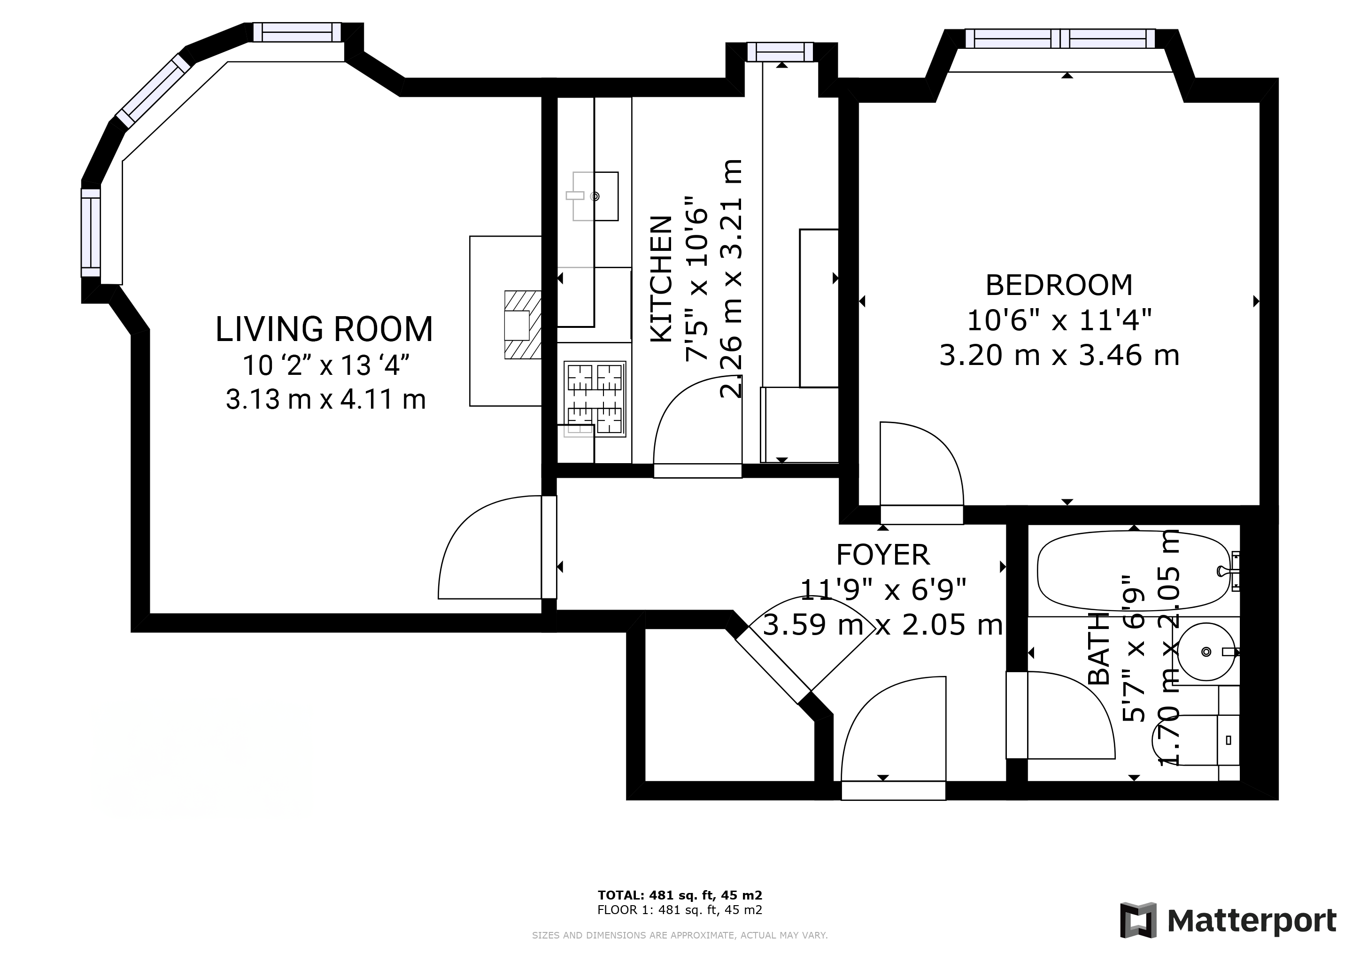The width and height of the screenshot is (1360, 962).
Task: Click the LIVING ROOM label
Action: (324, 329)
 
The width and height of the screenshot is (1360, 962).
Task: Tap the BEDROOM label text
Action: (1059, 285)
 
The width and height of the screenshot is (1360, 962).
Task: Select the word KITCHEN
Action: (662, 279)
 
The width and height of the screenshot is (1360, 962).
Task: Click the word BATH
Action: (1099, 649)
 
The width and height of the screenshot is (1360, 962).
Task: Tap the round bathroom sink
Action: (1206, 652)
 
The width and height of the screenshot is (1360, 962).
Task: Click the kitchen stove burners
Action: (595, 399)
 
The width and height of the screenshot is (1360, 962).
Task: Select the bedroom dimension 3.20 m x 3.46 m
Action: (1059, 356)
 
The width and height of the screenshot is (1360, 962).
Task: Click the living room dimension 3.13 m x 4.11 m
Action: (326, 399)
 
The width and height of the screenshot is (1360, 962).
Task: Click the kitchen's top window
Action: (780, 52)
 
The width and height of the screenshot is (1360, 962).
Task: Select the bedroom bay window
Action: (1060, 39)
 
